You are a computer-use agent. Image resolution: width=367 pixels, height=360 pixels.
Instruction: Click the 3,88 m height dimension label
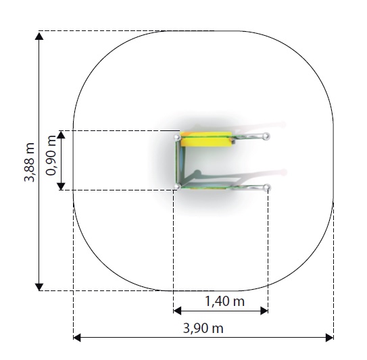coord(30,162)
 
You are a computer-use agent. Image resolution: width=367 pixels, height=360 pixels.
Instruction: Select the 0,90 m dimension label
coord(51,155)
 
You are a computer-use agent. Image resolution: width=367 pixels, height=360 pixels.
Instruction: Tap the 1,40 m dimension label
coord(224,301)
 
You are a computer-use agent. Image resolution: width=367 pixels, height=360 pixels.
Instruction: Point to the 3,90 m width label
coord(203,328)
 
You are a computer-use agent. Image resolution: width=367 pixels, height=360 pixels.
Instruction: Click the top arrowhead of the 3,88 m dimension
coord(39,36)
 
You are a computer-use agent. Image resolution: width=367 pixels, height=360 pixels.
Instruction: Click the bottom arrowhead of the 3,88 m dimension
coord(39,287)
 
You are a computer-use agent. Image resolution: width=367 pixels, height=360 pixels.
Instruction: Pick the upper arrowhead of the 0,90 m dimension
coord(61,134)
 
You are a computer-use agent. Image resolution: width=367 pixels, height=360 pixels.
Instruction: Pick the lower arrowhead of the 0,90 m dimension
coord(61,186)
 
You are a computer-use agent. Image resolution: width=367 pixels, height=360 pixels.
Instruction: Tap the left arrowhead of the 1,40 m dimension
coord(177,311)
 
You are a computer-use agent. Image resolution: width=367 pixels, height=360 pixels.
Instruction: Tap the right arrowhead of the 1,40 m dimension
coord(264,311)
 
